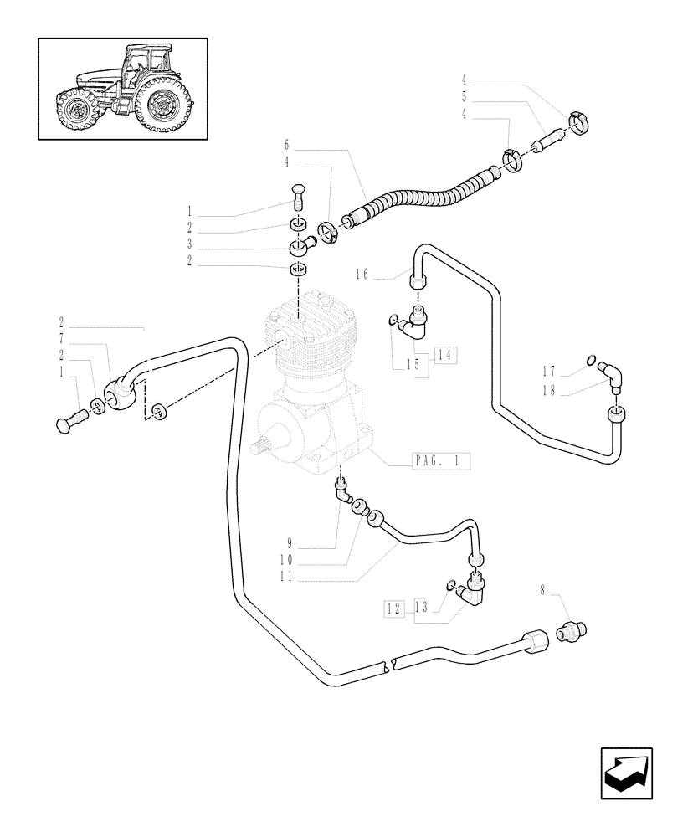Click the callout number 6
click(286, 144)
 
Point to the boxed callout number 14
click(444, 356)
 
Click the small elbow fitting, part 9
click(342, 492)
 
